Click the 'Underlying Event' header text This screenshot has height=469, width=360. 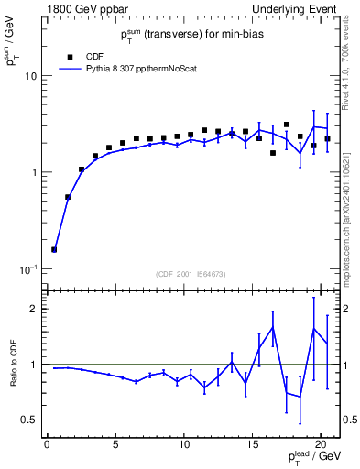coord(299,10)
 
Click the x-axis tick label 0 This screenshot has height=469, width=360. coord(47,445)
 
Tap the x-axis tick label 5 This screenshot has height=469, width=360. coord(115,445)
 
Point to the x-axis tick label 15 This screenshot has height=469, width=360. coord(252,445)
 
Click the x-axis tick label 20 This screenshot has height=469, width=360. coord(321,445)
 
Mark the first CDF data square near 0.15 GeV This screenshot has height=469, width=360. coord(54,249)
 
